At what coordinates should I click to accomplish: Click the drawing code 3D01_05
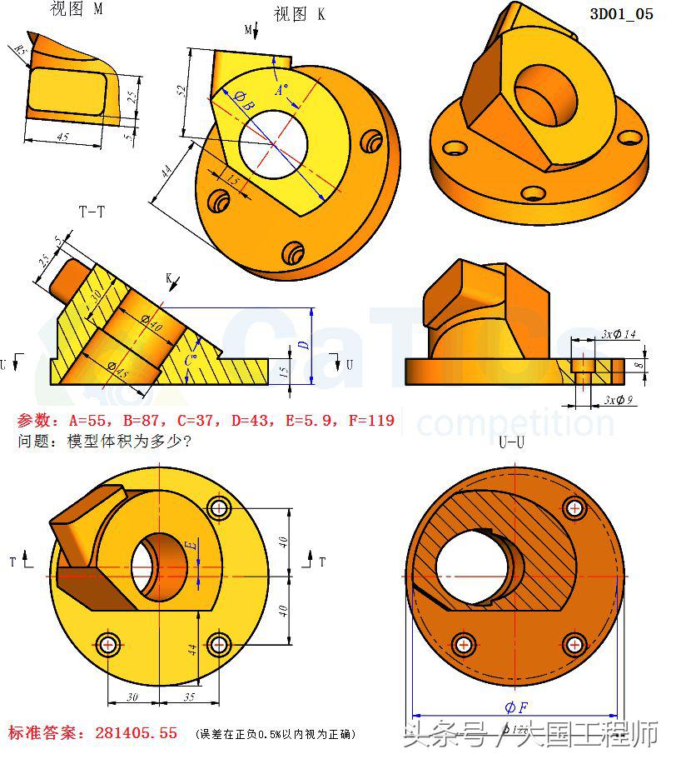pyautogui.click(x=621, y=14)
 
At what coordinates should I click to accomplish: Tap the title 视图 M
pyautogui.click(x=77, y=9)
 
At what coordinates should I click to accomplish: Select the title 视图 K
pyautogui.click(x=299, y=14)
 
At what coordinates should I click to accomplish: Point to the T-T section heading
pyautogui.click(x=92, y=212)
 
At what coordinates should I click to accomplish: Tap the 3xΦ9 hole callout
pyautogui.click(x=621, y=401)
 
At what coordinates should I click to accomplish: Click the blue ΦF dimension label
pyautogui.click(x=515, y=707)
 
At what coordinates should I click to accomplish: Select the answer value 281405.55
pyautogui.click(x=137, y=733)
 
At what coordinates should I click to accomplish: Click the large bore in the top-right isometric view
pyautogui.click(x=545, y=92)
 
